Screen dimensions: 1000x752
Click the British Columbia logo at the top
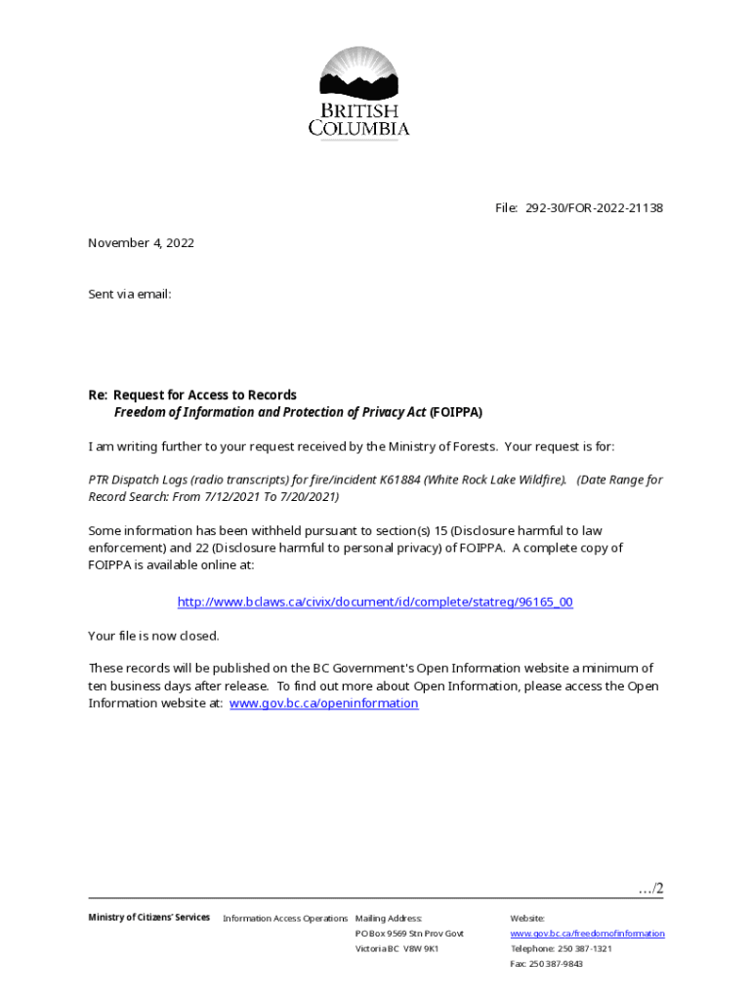(x=359, y=93)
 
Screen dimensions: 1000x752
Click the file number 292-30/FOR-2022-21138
(x=595, y=208)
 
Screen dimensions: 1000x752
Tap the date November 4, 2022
(x=141, y=243)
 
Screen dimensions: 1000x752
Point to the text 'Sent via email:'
(x=130, y=293)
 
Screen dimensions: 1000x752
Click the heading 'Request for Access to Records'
(x=205, y=395)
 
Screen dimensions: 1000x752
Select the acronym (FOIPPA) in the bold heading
(x=456, y=412)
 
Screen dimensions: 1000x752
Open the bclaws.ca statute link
(x=375, y=602)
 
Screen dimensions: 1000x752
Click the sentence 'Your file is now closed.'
(x=153, y=636)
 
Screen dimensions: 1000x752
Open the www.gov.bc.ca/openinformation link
(x=323, y=703)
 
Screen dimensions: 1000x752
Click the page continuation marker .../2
(x=650, y=888)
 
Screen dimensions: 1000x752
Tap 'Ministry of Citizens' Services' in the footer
(x=148, y=917)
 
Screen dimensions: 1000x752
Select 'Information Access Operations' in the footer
(x=285, y=918)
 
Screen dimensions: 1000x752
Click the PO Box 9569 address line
(x=409, y=934)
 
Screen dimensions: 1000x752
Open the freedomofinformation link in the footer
(x=587, y=934)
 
